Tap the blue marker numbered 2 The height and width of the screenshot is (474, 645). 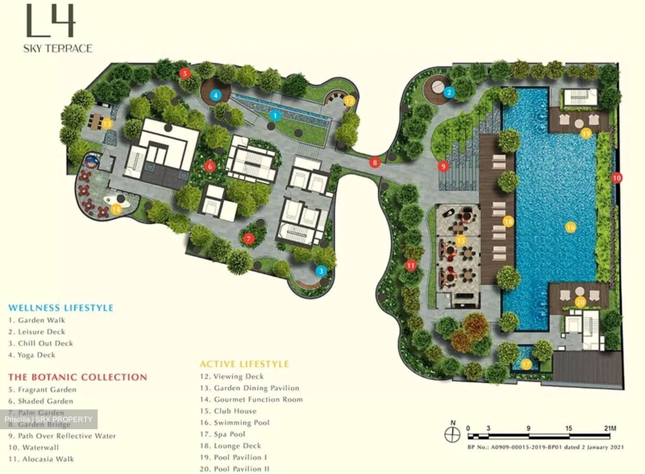tap(449, 92)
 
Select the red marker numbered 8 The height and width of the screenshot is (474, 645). tap(375, 163)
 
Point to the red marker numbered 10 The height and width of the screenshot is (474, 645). tap(617, 178)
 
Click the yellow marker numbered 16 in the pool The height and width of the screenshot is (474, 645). tap(570, 227)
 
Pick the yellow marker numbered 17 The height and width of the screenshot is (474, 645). tap(526, 364)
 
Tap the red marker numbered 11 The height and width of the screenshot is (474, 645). tap(411, 266)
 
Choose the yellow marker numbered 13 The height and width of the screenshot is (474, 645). tap(107, 124)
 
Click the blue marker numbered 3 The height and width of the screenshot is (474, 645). tap(321, 271)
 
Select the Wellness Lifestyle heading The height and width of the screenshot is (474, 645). tap(61, 308)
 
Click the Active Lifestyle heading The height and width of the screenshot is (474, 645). tap(244, 364)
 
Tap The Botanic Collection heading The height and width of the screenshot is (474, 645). tap(77, 377)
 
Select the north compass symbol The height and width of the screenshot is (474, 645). tap(452, 433)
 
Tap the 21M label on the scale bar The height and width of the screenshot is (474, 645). tap(610, 428)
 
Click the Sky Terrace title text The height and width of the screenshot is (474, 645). tap(58, 48)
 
